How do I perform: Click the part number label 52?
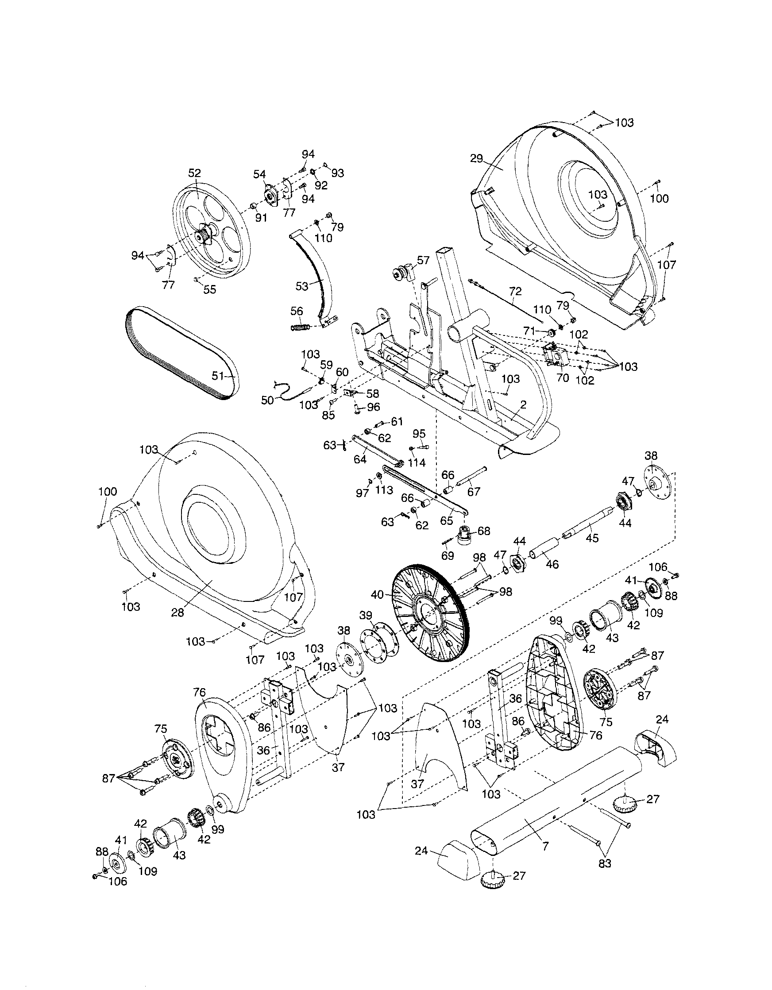pos(194,173)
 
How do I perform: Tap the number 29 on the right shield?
pos(476,158)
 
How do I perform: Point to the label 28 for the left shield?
pos(177,612)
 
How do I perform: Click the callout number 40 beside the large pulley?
pos(378,594)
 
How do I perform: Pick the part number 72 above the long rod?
pos(515,291)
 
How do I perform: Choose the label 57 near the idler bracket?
pos(422,260)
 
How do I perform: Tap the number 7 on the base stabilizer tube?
pos(545,846)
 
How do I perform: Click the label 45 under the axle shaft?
pos(592,538)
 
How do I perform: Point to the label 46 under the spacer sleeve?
pos(552,564)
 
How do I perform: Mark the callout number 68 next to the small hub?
pos(484,531)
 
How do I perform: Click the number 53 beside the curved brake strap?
pos(302,286)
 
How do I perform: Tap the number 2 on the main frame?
pos(523,405)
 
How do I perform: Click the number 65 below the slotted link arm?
pos(447,521)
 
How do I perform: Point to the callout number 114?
pos(417,463)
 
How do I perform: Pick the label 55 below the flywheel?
pos(209,290)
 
